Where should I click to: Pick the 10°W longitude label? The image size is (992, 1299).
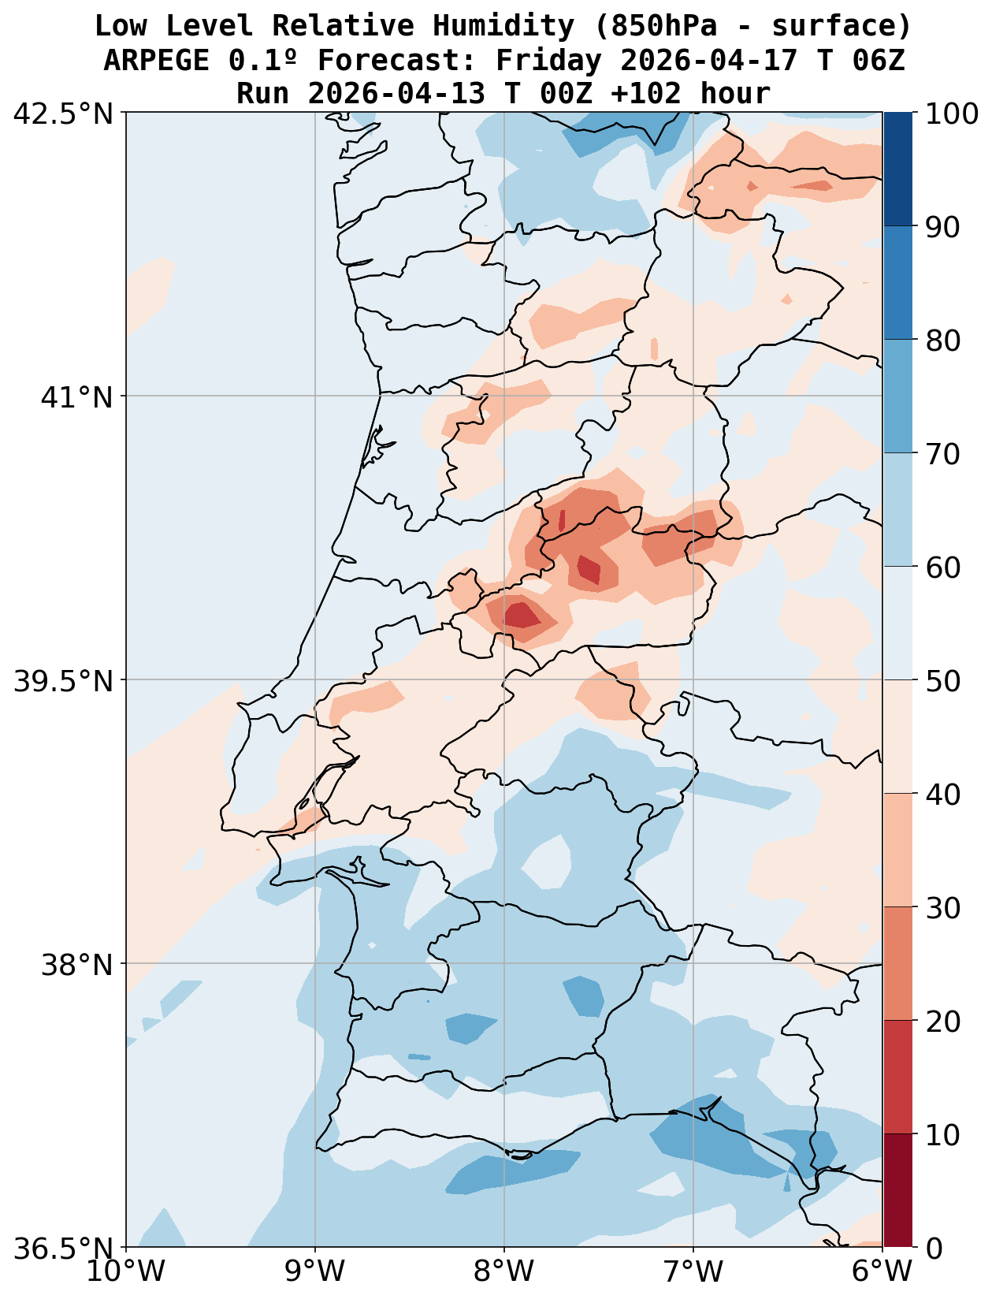point(126,1272)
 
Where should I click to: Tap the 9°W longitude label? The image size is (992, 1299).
point(315,1272)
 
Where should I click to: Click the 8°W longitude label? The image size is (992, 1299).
point(504,1272)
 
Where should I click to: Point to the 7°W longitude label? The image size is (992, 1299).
point(693,1272)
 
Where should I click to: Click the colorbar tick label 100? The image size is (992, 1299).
point(953,114)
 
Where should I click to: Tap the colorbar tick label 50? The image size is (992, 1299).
point(942,681)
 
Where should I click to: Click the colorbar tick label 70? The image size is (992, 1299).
point(942,454)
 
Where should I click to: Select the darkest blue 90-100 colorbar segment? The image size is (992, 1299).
point(898,169)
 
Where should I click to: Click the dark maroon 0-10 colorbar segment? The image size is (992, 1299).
point(898,1191)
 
